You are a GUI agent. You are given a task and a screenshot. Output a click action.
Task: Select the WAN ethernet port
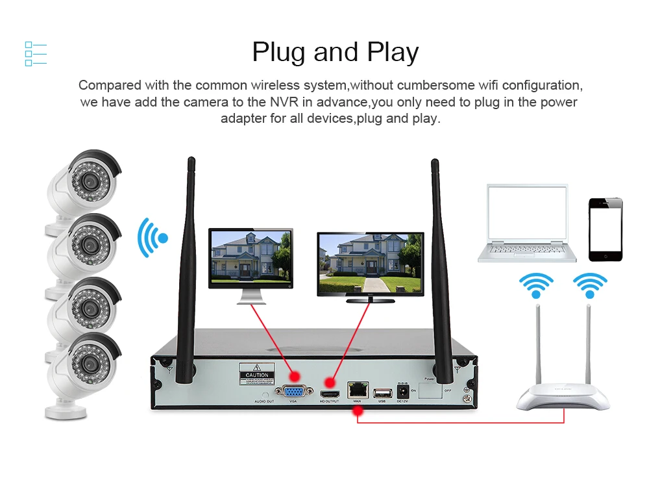click(x=357, y=390)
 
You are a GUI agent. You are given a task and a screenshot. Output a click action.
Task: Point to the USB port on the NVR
click(x=382, y=392)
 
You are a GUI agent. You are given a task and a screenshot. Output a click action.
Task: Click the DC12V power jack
click(x=402, y=392)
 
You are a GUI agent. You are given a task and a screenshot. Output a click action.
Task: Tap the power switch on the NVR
click(x=429, y=390)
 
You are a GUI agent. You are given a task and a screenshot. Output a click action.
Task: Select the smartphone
click(x=605, y=229)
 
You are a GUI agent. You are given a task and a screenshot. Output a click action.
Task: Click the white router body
click(x=563, y=398)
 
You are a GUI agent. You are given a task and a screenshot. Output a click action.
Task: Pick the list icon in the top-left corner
click(x=36, y=54)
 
